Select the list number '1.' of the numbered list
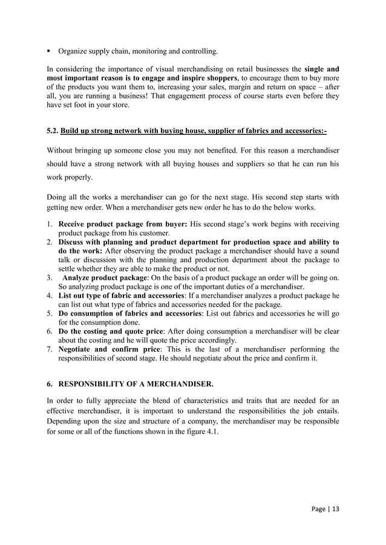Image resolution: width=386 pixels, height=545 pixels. pos(50,224)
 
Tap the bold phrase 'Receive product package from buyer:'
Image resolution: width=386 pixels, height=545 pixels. pos(122,224)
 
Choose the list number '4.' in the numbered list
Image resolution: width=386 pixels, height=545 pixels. pos(50,296)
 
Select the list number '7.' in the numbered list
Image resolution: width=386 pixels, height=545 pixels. pos(50,349)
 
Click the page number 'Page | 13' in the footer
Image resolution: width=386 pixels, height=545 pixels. pos(324,508)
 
